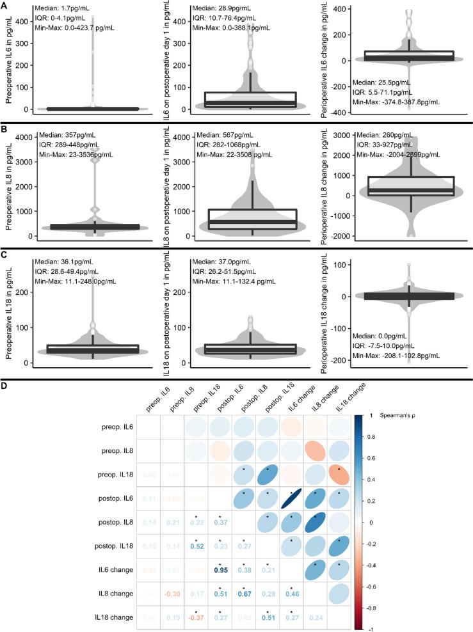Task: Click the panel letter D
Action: point(5,385)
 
